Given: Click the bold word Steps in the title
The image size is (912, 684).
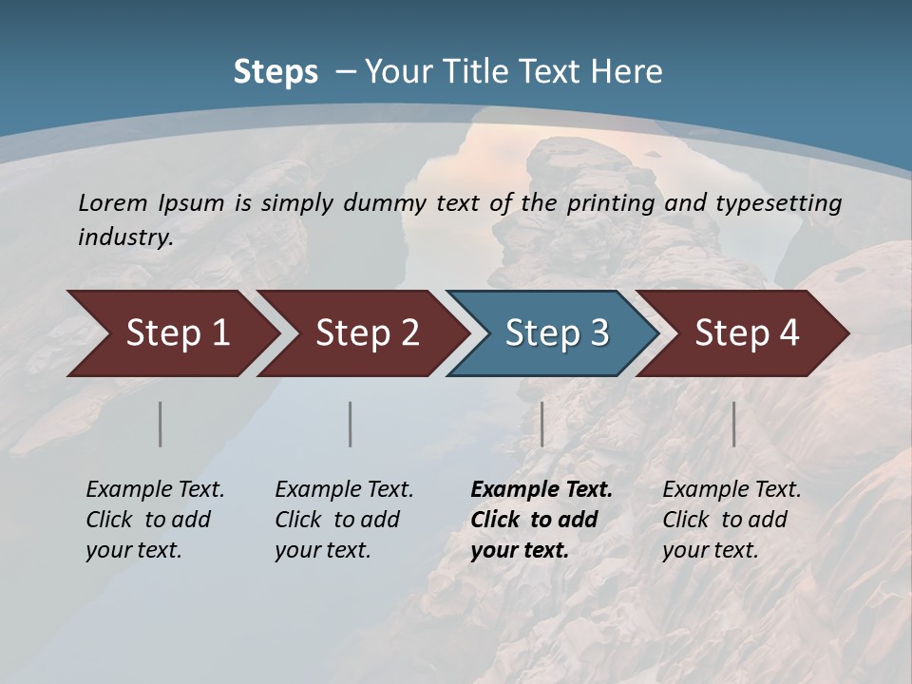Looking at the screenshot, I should click(275, 72).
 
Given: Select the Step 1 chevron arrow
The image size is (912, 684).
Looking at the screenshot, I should click(171, 333).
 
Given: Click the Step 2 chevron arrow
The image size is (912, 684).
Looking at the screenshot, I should click(362, 333).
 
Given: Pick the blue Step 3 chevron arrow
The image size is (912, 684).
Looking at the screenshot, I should click(552, 333).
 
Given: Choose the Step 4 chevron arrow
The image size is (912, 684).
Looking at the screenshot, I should click(742, 333).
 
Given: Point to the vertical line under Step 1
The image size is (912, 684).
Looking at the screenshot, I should click(161, 424).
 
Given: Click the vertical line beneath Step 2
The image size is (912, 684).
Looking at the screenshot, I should click(351, 424).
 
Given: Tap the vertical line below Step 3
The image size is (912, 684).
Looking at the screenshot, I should click(542, 424).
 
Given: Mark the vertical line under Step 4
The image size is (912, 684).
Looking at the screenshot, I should click(734, 424).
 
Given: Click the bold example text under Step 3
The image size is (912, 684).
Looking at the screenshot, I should click(541, 520).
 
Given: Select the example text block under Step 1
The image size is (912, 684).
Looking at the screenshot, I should click(155, 520).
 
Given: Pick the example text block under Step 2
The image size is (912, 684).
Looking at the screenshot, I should click(344, 520).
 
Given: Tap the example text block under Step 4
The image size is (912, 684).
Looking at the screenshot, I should click(731, 520).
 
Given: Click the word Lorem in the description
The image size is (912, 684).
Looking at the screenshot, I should click(113, 203).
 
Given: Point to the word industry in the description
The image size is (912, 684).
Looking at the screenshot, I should click(124, 237).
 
